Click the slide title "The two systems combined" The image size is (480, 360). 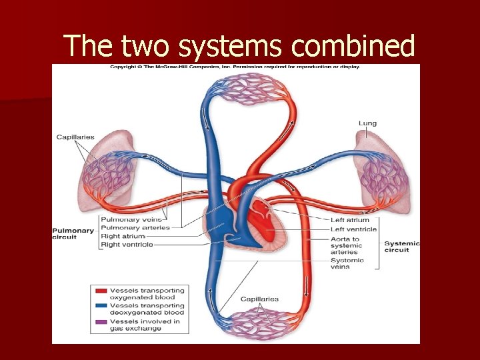239,46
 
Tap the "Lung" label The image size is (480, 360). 367,123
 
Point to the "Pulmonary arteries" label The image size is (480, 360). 135,228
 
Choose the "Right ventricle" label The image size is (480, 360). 127,245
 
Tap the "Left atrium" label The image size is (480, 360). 350,220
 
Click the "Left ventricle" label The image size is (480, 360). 353,229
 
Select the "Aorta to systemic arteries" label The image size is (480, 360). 346,245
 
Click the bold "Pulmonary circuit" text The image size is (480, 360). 73,233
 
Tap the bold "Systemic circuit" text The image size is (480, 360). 402,247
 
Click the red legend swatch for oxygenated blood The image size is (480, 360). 101,291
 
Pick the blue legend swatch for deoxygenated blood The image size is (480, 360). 101,306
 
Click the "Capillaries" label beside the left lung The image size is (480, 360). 75,137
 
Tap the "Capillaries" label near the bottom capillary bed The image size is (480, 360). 259,299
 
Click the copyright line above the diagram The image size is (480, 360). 235,67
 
